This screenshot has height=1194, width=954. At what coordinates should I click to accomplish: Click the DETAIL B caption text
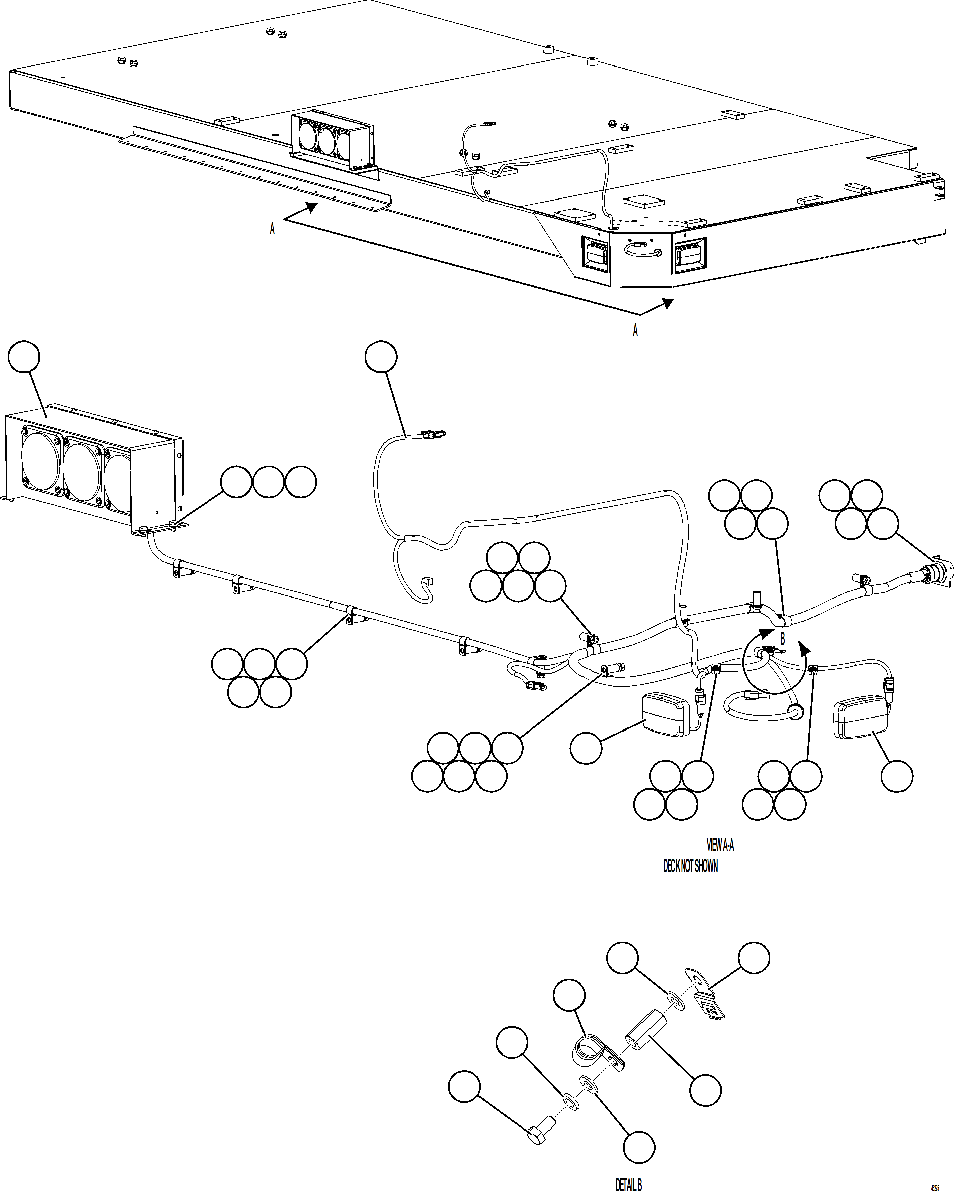(628, 1184)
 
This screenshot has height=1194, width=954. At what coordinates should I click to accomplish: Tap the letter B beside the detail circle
(782, 639)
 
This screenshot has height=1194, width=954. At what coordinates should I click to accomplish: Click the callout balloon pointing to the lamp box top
(24, 357)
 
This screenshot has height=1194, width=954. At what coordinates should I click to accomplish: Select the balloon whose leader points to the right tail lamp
(896, 776)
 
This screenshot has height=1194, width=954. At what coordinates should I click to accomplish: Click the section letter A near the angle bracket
(272, 228)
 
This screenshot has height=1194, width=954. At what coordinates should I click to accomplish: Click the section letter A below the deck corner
(635, 330)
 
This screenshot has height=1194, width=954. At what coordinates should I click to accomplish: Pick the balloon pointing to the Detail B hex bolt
(464, 1086)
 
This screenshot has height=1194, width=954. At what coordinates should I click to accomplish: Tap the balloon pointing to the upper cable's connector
(381, 357)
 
